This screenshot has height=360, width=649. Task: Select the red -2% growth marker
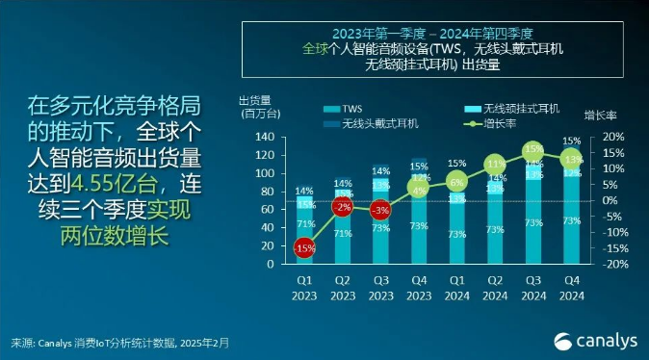(x=342, y=207)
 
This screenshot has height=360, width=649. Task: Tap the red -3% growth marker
(x=380, y=210)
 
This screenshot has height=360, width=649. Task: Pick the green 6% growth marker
(x=457, y=182)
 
